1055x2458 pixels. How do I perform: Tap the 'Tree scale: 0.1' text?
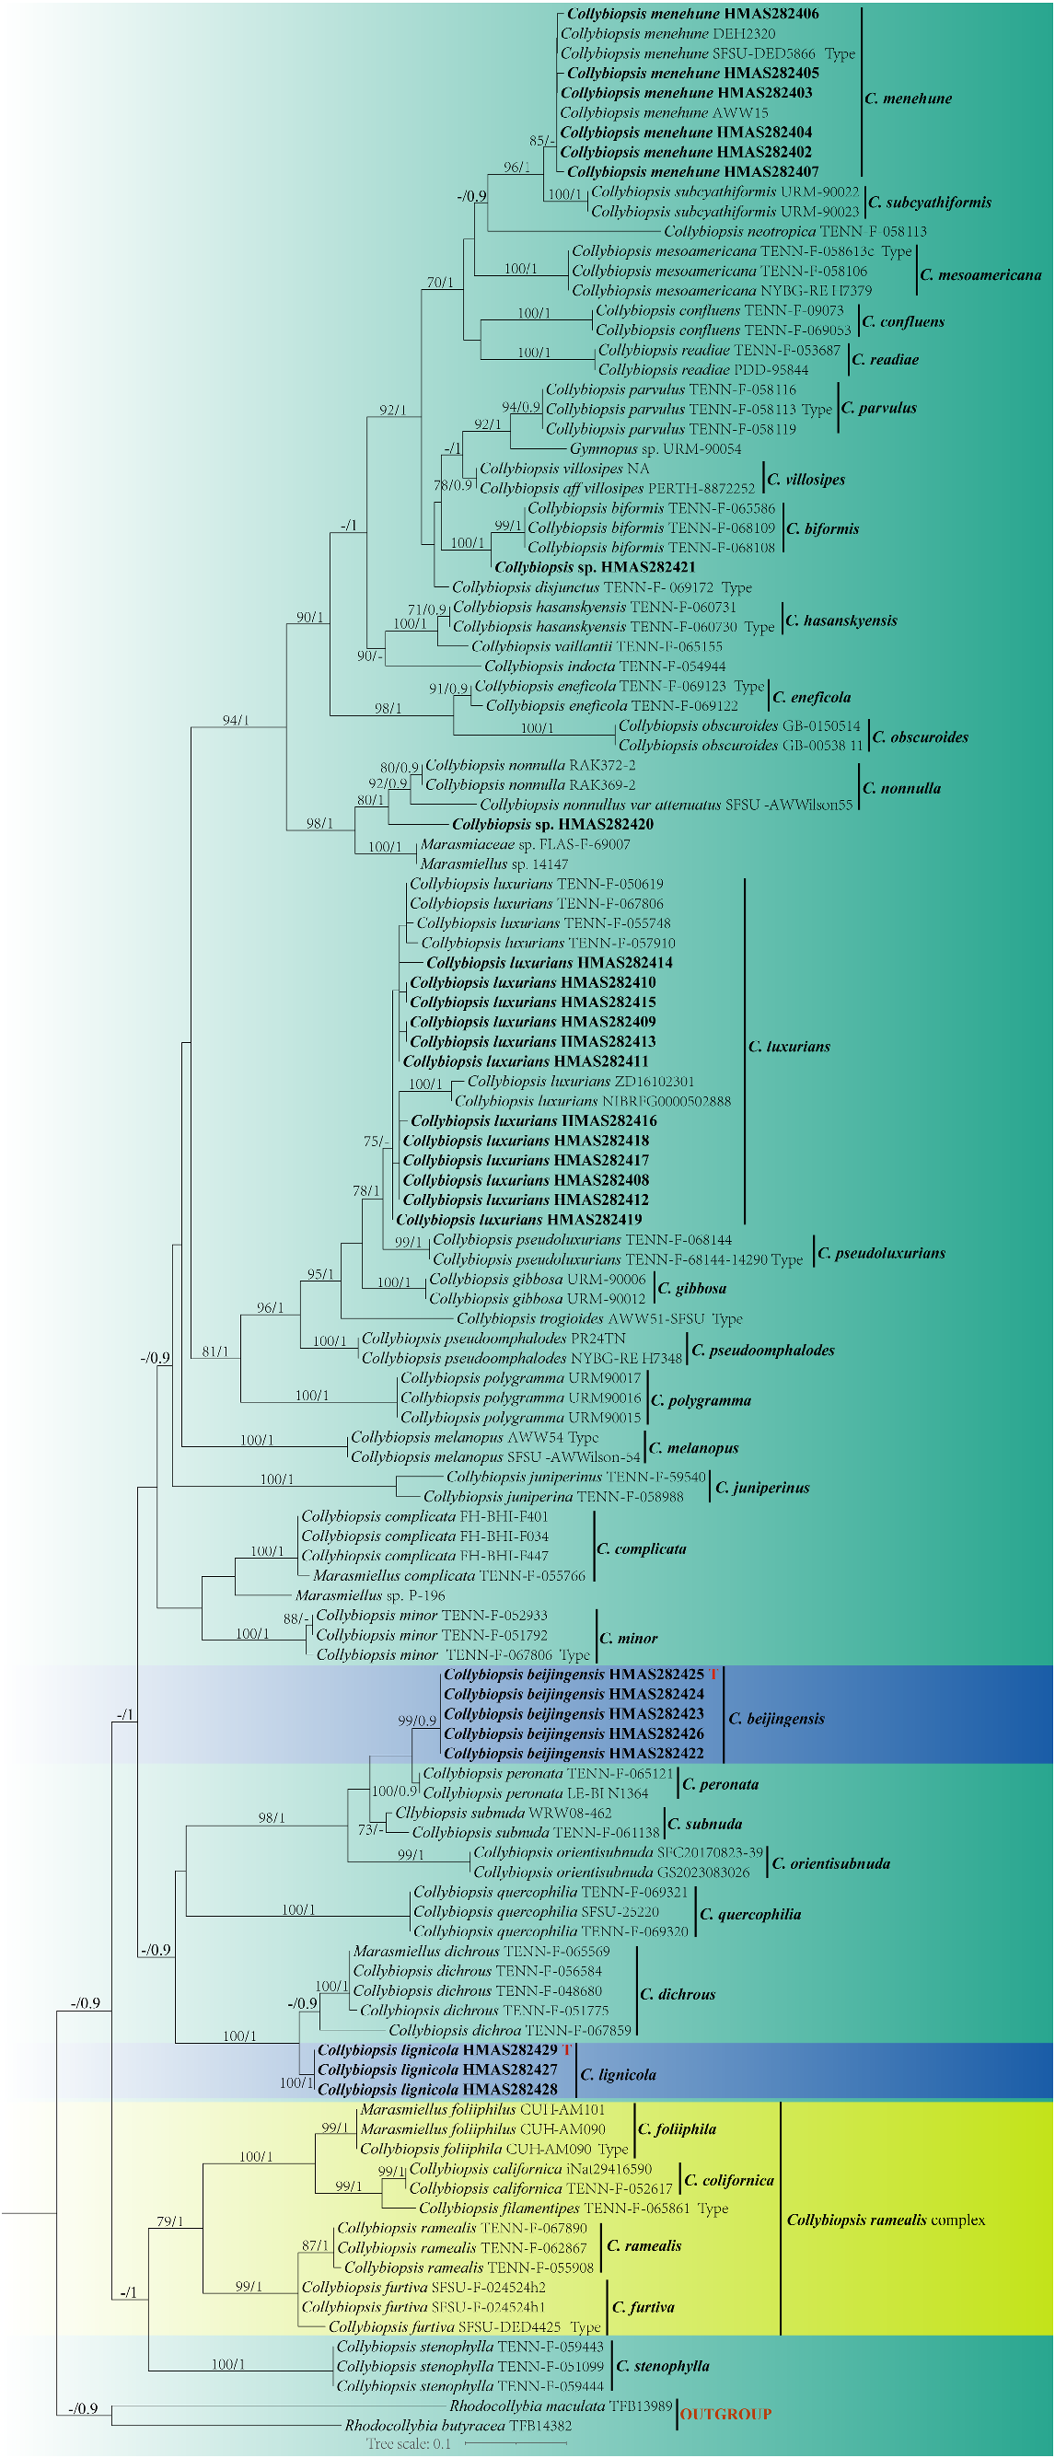(x=408, y=2443)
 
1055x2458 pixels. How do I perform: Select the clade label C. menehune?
(x=908, y=99)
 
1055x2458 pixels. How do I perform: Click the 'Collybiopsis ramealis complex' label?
(x=886, y=2220)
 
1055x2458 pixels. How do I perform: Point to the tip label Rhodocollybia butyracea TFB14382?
(x=458, y=2425)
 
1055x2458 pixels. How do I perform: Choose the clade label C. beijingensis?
(x=776, y=1719)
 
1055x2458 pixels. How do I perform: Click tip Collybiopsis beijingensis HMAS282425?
(x=574, y=1674)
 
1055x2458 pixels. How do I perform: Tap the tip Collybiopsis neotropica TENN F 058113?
(x=794, y=231)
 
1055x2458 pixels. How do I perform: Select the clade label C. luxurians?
(x=789, y=1046)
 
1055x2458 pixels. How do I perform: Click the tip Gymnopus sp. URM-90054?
(x=655, y=448)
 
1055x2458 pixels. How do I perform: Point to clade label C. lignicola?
(x=618, y=2074)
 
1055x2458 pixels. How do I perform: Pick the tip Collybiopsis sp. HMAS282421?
(x=595, y=567)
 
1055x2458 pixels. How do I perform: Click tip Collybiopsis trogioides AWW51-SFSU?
(x=598, y=1318)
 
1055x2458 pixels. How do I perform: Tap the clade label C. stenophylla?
(x=662, y=2365)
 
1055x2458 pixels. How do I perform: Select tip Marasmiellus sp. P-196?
(x=370, y=1594)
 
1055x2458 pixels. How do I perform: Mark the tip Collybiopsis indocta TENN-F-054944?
(x=605, y=666)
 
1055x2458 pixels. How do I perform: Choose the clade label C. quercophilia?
(x=749, y=1914)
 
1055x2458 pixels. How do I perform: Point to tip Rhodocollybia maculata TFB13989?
(x=561, y=2406)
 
